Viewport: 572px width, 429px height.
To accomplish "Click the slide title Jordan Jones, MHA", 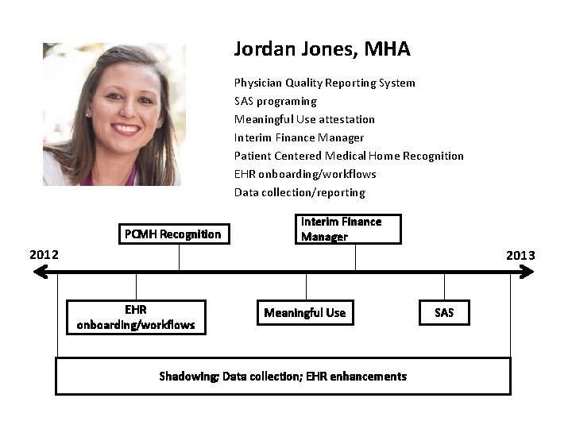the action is tap(322, 49).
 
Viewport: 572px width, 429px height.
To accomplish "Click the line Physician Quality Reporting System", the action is tap(324, 83).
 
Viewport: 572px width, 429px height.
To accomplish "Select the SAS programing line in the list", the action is tap(275, 101).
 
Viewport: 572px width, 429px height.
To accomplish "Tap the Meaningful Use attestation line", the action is tap(304, 119).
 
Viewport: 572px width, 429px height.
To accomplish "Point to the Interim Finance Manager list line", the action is tap(299, 137).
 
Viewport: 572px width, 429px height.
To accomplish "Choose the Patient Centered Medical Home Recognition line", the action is tap(349, 156).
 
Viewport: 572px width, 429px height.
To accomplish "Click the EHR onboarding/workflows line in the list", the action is tap(305, 174).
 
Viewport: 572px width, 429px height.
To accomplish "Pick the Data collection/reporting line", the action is tap(300, 192).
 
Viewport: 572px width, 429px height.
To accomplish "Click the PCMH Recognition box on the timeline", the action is tap(172, 234).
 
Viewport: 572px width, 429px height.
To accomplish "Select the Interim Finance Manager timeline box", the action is tap(349, 229).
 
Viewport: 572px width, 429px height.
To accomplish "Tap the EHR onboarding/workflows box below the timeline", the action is tap(136, 317).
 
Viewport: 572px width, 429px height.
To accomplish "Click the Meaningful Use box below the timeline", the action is tap(305, 313).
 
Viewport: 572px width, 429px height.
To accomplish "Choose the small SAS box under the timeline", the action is tap(444, 313).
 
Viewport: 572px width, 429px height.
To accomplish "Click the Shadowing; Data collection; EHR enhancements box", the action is tap(283, 376).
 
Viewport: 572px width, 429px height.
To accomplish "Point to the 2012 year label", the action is tap(44, 255).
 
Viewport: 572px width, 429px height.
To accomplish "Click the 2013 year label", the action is tap(520, 255).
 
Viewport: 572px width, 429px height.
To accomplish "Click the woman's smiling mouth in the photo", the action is tap(125, 128).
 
